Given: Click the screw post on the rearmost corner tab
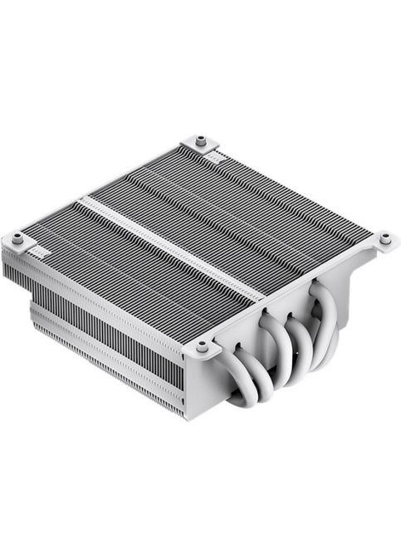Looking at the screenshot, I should click(x=200, y=139).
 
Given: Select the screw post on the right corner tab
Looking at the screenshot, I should click(x=385, y=238).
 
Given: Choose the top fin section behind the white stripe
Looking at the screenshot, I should click(x=241, y=208).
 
